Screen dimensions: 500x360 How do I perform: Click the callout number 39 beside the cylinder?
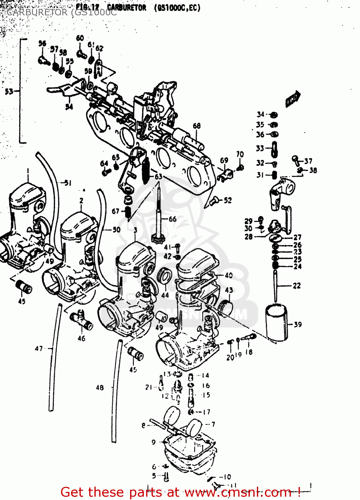coord(298,324)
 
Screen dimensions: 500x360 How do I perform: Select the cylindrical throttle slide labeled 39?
coord(276,323)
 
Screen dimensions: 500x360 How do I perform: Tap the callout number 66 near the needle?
coord(172,219)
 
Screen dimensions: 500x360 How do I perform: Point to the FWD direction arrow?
coord(293,99)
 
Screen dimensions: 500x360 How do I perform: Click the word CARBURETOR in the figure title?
coord(126,8)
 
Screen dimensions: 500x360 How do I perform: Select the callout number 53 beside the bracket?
coord(9,91)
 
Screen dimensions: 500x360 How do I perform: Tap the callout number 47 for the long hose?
coord(39,348)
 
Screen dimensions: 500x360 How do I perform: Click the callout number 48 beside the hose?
coord(100,387)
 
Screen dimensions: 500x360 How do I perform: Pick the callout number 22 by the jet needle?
coord(297,286)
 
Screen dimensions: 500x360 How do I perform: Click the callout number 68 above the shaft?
coord(197,126)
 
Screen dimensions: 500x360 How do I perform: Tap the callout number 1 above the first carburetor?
coord(28,170)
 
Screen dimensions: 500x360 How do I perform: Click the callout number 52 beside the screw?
coord(228,200)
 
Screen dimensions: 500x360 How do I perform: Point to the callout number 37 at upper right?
coord(308,161)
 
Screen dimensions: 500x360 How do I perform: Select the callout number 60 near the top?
coord(80,38)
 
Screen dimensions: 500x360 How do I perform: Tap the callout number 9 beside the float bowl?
coord(153,442)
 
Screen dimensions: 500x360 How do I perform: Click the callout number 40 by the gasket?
coord(229,275)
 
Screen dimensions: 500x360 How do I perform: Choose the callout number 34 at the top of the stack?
coord(261,114)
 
